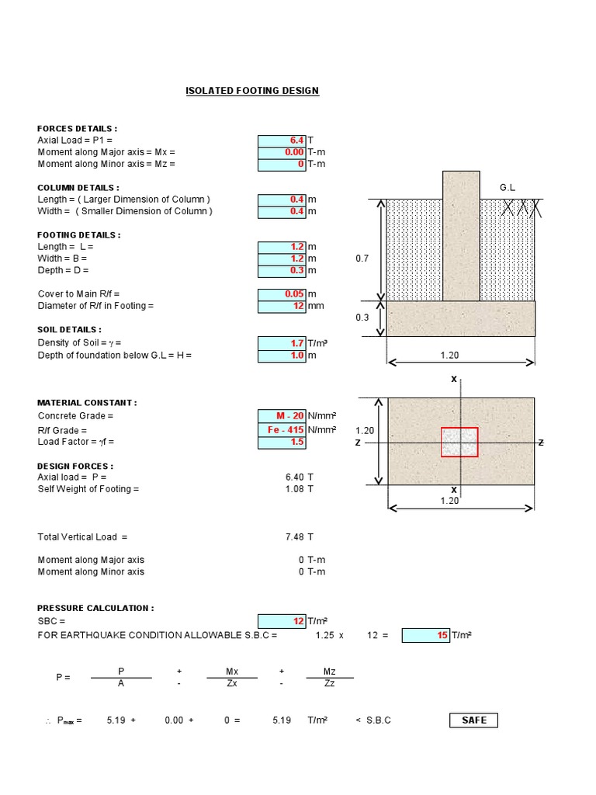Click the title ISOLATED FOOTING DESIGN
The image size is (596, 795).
252,91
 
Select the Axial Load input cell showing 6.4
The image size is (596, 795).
282,141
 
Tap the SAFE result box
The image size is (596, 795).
473,720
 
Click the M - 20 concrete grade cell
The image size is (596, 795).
282,416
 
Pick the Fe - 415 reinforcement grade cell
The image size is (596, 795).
282,430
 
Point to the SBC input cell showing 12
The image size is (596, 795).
282,621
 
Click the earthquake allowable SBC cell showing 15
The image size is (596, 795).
426,635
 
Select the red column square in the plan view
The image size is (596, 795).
459,442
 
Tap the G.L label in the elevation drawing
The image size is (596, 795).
508,188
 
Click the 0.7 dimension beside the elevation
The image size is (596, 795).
362,259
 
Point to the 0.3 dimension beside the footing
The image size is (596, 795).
362,318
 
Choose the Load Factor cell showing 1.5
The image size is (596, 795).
282,443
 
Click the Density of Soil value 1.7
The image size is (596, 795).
282,343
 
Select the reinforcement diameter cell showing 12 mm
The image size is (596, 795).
282,306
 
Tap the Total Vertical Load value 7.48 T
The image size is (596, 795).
299,536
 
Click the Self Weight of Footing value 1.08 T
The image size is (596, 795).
299,489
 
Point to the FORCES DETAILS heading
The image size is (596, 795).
77,129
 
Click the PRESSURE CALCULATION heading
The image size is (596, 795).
95,608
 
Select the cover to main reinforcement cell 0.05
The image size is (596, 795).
282,294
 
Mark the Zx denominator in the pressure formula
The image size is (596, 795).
232,684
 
